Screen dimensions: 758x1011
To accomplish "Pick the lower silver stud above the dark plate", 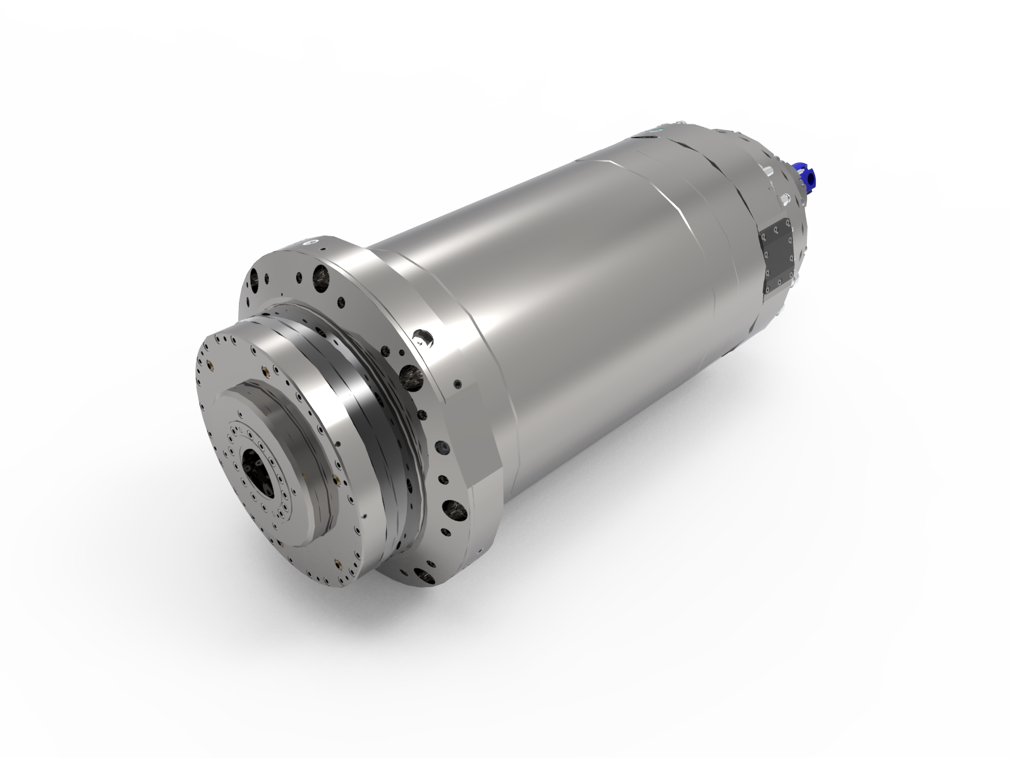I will [784, 200].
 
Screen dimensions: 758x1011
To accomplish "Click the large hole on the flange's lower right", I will [452, 507].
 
